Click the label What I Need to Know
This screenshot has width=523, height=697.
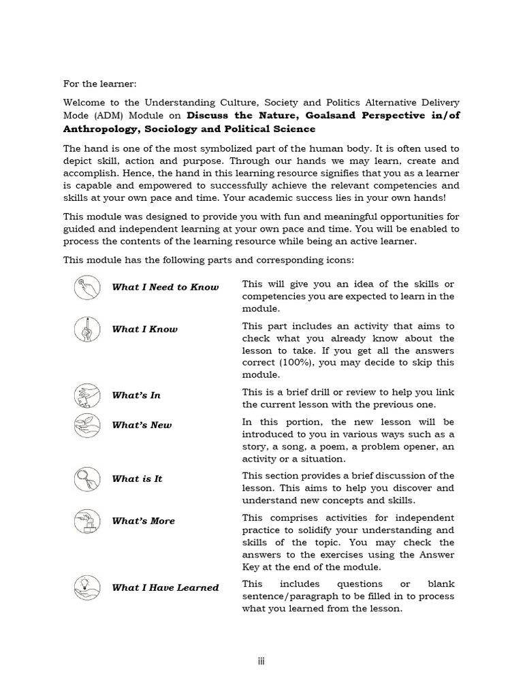click(165, 287)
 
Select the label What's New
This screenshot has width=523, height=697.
click(142, 425)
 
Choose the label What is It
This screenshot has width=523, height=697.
click(137, 479)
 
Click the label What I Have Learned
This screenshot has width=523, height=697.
click(165, 588)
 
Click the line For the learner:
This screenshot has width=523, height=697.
click(99, 84)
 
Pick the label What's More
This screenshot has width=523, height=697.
click(143, 521)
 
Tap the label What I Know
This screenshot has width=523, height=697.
click(144, 329)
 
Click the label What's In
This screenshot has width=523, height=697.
click(136, 395)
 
